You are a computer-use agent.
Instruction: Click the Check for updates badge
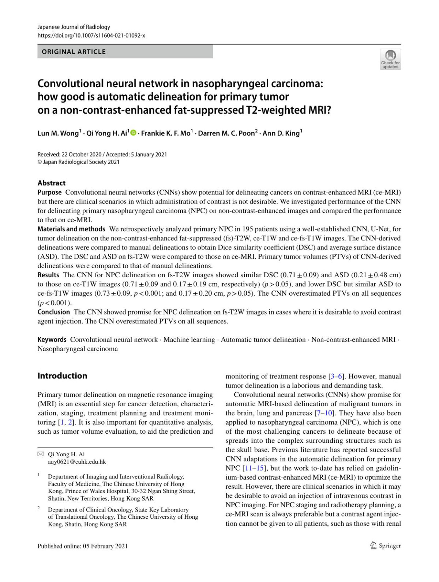[x=390, y=59]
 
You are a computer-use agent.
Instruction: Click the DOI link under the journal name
[x=91, y=35]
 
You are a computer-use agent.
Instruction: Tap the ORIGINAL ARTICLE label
[x=74, y=52]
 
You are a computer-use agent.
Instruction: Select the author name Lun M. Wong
[x=58, y=133]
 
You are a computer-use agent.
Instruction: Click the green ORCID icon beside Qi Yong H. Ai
[x=133, y=133]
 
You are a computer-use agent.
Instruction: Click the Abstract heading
[x=52, y=183]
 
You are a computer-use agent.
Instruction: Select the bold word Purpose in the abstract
[x=49, y=193]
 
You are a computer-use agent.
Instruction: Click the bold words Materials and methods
[x=71, y=229]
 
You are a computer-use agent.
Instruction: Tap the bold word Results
[x=48, y=275]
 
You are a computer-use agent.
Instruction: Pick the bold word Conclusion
[x=53, y=312]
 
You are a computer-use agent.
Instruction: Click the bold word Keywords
[x=52, y=340]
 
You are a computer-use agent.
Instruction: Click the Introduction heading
[x=62, y=376]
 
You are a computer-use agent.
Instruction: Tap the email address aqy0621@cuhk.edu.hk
[x=77, y=462]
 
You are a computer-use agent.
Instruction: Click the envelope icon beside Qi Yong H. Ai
[x=40, y=454]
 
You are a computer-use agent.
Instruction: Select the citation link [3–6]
[x=337, y=376]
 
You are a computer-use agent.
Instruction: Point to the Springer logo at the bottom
[x=386, y=546]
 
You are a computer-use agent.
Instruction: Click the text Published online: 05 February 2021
[x=83, y=546]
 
